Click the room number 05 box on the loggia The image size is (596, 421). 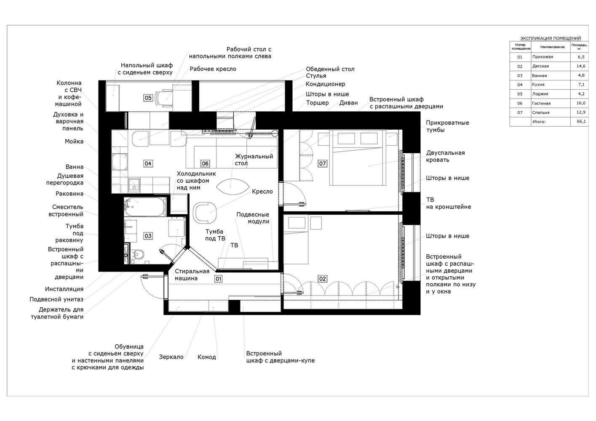tap(148, 98)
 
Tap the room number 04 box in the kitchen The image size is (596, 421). tap(148, 164)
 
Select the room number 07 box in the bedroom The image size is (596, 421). tap(322, 164)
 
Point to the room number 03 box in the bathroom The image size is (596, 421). tap(148, 236)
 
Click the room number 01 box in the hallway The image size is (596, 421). tap(218, 279)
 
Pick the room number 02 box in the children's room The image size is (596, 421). tap(322, 279)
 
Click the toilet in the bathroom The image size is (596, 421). tap(138, 254)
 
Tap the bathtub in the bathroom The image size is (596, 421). tap(145, 207)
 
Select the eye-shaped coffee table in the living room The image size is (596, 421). tap(233, 187)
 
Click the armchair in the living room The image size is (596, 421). tap(204, 213)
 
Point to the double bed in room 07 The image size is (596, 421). tap(358, 157)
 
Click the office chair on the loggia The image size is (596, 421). tap(164, 98)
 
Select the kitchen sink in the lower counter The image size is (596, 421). tap(134, 184)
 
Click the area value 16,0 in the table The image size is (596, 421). tap(581, 103)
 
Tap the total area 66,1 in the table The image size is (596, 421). tap(581, 122)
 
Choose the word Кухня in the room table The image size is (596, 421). tap(538, 85)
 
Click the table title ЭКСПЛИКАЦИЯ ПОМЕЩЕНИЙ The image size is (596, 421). tap(551, 38)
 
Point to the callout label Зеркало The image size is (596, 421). tap(171, 357)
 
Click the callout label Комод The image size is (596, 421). tap(207, 357)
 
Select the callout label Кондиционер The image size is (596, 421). tap(326, 84)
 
